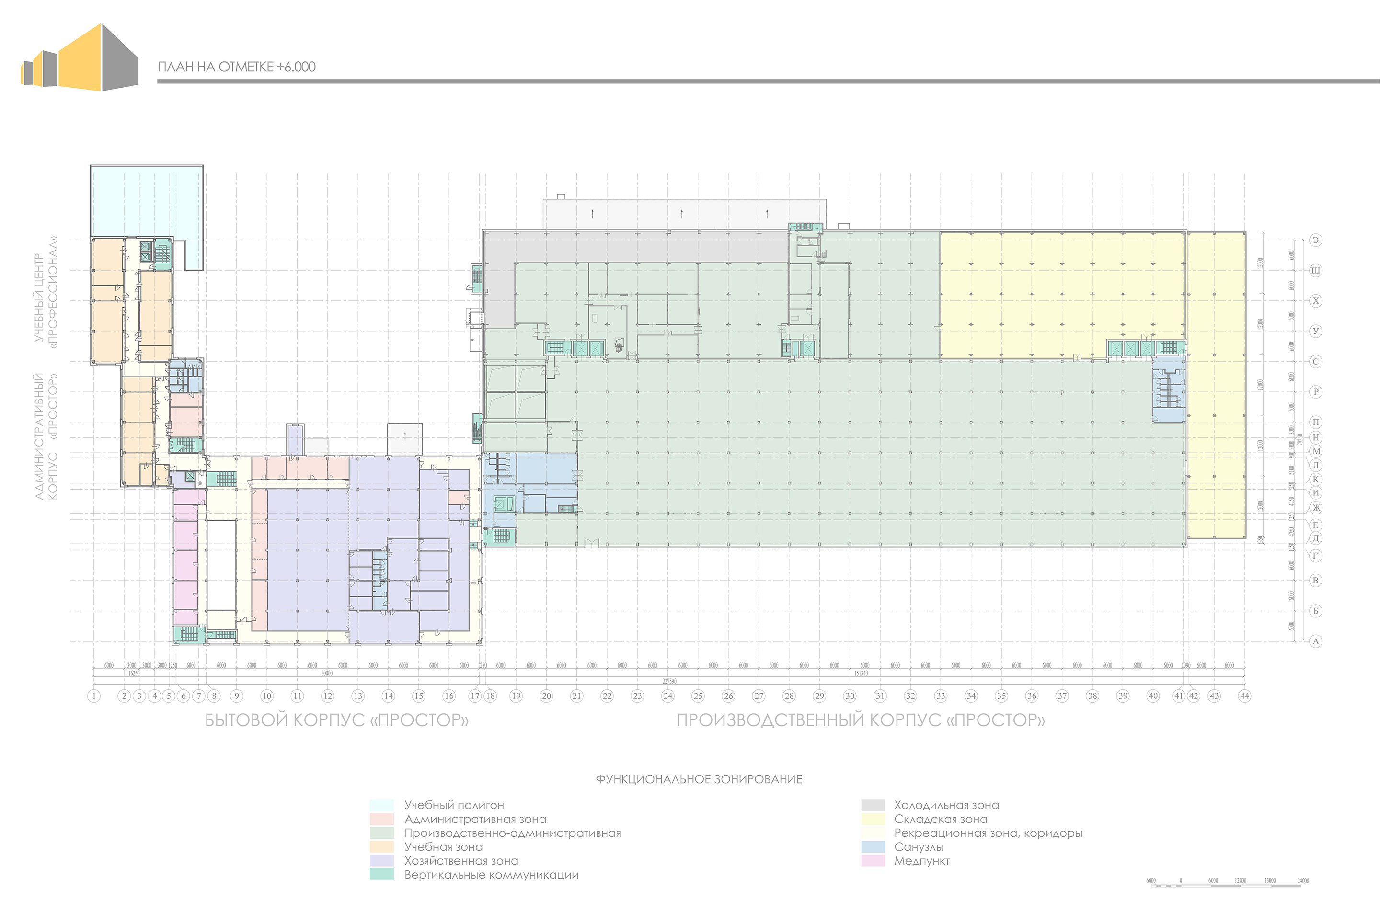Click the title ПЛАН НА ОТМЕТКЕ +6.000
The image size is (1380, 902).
237,67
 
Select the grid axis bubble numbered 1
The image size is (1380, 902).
94,696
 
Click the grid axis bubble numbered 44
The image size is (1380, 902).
1244,696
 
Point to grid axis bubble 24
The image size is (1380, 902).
668,696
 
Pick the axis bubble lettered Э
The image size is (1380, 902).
1316,240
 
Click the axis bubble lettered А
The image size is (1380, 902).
1316,641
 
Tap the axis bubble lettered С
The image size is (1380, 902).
1316,362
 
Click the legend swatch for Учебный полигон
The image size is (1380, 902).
381,805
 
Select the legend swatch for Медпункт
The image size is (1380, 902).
873,861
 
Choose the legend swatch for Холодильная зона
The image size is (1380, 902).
873,805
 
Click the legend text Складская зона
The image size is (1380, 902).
941,819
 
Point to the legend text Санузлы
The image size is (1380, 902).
919,847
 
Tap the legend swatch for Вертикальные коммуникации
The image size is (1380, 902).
381,875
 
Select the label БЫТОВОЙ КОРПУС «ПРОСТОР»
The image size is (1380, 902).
337,720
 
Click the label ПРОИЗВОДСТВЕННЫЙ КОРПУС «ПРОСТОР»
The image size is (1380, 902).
861,720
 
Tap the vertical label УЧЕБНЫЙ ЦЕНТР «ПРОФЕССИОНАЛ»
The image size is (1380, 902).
45,293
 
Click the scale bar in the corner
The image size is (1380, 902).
1226,885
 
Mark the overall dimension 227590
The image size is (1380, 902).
669,681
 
